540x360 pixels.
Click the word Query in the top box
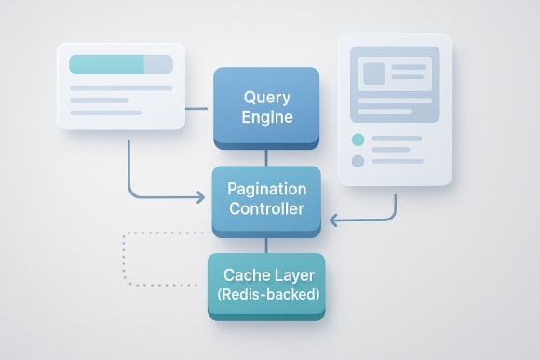(x=267, y=97)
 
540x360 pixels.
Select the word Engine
(x=267, y=118)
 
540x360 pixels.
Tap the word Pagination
(x=266, y=188)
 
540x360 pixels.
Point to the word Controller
(x=266, y=208)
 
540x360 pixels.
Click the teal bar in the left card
(x=106, y=64)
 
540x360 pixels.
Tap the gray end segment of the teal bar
(x=158, y=64)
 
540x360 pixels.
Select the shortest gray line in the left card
(x=105, y=113)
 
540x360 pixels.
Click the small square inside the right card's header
(x=375, y=73)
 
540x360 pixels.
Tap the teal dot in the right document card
(x=358, y=140)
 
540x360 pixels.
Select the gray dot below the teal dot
(x=358, y=161)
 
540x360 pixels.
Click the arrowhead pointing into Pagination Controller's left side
(x=199, y=197)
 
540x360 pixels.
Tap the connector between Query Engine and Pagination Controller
(x=266, y=158)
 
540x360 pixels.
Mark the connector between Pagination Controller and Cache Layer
(x=266, y=244)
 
